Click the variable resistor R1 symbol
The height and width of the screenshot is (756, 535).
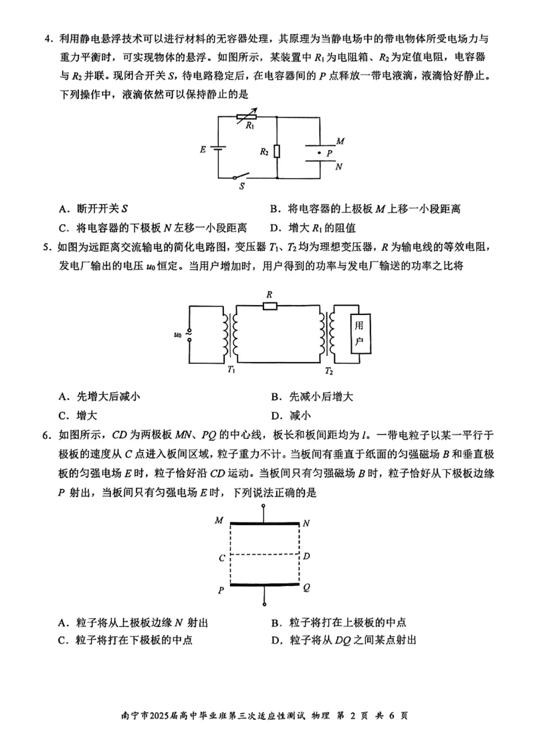tap(247, 116)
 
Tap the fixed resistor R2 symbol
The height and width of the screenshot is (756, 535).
tap(277, 152)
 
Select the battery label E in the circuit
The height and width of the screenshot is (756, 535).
tap(203, 150)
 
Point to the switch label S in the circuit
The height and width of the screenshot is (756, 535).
tap(241, 187)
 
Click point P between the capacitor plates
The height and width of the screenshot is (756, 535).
tap(319, 153)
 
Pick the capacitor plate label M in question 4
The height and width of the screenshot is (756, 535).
tap(340, 142)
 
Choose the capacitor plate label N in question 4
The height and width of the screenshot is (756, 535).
tap(339, 167)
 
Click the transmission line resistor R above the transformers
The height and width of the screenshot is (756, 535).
tap(270, 306)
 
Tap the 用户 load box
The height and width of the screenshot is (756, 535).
tap(360, 333)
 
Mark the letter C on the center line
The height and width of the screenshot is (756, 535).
tap(221, 557)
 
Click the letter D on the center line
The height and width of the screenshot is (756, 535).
tap(306, 556)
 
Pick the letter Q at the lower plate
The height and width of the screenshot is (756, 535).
tap(306, 587)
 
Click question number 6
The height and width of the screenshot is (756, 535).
tap(47, 436)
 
